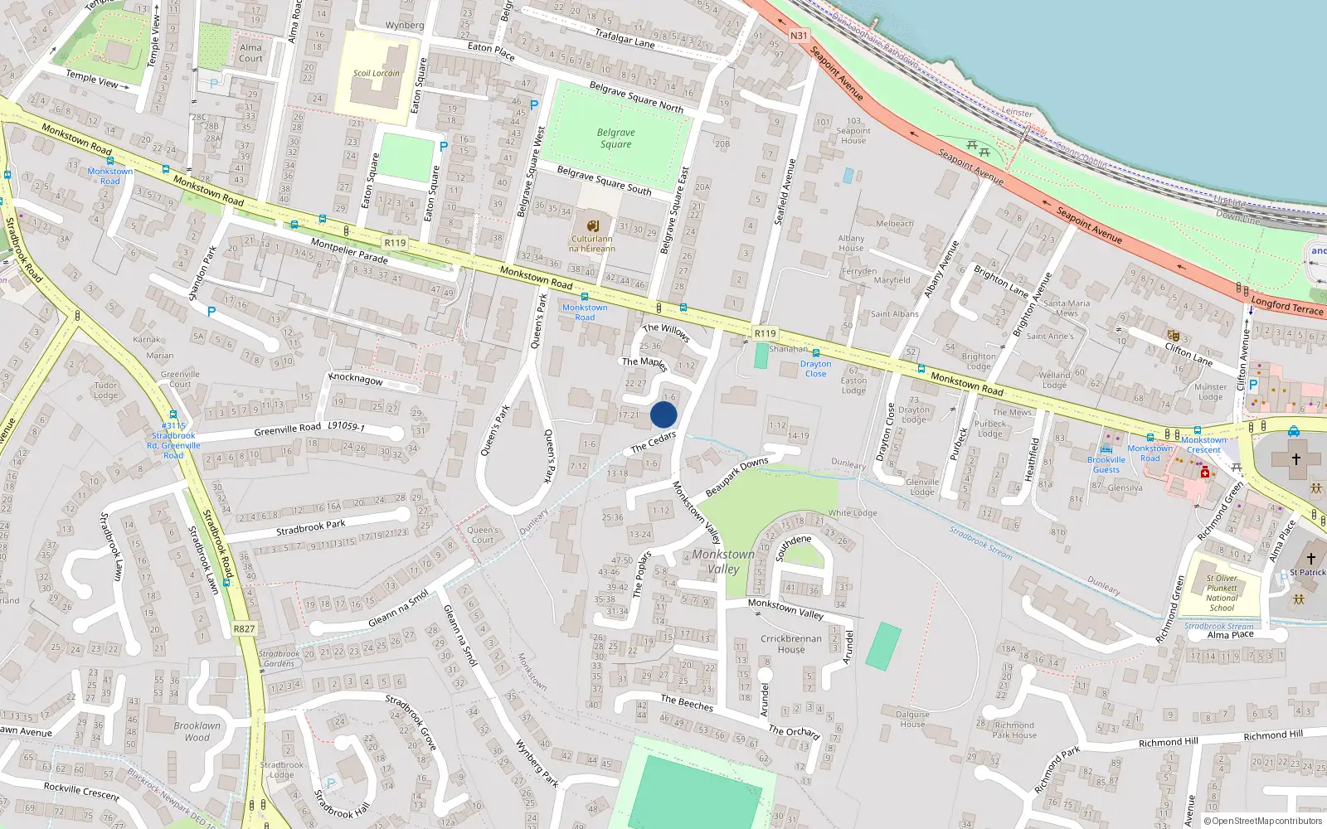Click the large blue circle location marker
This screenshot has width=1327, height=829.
(x=663, y=414)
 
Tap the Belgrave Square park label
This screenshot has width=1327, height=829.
(x=615, y=138)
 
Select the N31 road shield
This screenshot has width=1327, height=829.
(x=798, y=36)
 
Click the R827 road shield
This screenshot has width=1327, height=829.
(x=244, y=628)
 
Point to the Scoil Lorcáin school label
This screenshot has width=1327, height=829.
(x=376, y=73)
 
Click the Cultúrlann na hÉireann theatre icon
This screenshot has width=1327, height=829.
(x=592, y=226)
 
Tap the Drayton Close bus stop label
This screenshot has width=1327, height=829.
(x=815, y=369)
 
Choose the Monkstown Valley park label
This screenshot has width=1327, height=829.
(x=723, y=561)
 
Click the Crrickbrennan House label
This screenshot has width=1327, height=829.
(x=791, y=644)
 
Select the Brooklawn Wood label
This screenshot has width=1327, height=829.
(x=197, y=731)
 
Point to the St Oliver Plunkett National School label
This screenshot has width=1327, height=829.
(x=1222, y=593)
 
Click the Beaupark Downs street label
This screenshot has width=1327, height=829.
(x=736, y=478)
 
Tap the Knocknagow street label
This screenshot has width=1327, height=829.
(x=356, y=378)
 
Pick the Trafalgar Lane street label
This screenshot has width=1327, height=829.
(x=625, y=37)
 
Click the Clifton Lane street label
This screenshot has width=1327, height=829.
(x=1188, y=355)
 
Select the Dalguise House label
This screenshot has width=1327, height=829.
(x=912, y=719)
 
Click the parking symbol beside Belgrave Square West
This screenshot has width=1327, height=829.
(x=534, y=105)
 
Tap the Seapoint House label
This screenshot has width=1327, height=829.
(x=853, y=131)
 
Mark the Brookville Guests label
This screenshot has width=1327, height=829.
(x=1106, y=464)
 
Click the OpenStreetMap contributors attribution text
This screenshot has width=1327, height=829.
(x=1266, y=821)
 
